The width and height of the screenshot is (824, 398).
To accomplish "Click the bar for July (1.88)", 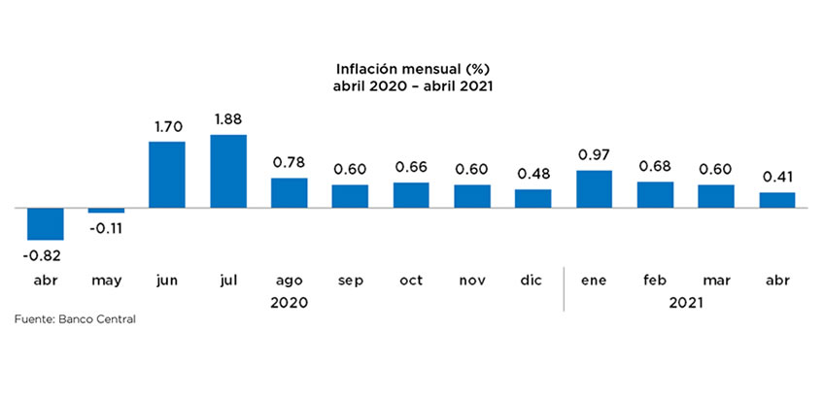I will (228, 171).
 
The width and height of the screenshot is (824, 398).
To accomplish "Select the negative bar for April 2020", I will (45, 224).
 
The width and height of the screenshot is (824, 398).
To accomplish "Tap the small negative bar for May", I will (106, 211).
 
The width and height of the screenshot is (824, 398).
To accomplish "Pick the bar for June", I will (167, 175).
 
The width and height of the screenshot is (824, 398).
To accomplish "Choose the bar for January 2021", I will (595, 189).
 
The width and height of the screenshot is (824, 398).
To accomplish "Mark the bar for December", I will (533, 198).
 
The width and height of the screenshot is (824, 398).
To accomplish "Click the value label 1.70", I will (167, 125).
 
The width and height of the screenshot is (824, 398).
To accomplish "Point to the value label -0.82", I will (45, 255).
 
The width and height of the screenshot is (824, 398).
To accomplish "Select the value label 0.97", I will (595, 154).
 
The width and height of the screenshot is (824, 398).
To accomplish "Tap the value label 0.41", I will (777, 177).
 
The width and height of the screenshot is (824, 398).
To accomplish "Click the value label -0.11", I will (106, 229).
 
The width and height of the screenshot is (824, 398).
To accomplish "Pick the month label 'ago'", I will (290, 281).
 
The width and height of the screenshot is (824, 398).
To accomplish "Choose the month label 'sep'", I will (350, 281).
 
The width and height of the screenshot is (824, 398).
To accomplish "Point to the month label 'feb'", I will (655, 281).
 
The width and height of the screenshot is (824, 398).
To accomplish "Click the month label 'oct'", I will (411, 281).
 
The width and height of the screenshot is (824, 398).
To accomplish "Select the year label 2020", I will (290, 303).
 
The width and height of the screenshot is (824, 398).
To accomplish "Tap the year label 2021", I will (686, 303).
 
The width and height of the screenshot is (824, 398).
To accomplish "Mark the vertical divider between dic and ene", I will (564, 287).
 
